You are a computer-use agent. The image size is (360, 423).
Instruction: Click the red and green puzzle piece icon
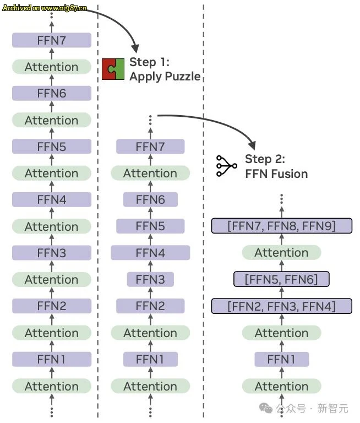pyautogui.click(x=113, y=69)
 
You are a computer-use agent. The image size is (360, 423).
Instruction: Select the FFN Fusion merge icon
pyautogui.click(x=226, y=166)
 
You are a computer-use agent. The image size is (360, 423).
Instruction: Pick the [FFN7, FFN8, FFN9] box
pyautogui.click(x=281, y=226)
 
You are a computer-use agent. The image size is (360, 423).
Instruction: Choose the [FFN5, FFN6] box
pyautogui.click(x=281, y=279)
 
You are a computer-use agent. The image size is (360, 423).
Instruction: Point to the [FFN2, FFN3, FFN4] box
pyautogui.click(x=281, y=306)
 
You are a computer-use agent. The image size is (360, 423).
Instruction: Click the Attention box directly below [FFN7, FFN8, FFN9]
pyautogui.click(x=281, y=253)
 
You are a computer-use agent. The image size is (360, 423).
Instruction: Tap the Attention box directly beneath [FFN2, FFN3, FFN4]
pyautogui.click(x=281, y=333)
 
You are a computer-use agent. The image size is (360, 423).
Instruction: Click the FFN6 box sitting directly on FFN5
pyautogui.click(x=150, y=199)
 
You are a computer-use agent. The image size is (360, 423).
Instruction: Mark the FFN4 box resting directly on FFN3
pyautogui.click(x=150, y=253)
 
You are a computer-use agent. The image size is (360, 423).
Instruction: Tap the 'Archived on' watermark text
pyautogui.click(x=45, y=8)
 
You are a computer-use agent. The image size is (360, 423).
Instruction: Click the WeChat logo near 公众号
pyautogui.click(x=266, y=408)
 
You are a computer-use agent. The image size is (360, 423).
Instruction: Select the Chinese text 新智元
pyautogui.click(x=333, y=408)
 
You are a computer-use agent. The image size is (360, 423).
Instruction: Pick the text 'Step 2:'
pyautogui.click(x=265, y=159)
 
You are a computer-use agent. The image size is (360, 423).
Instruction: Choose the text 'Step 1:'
pyautogui.click(x=149, y=62)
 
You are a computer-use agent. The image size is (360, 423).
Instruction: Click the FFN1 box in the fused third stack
pyautogui.click(x=281, y=360)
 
